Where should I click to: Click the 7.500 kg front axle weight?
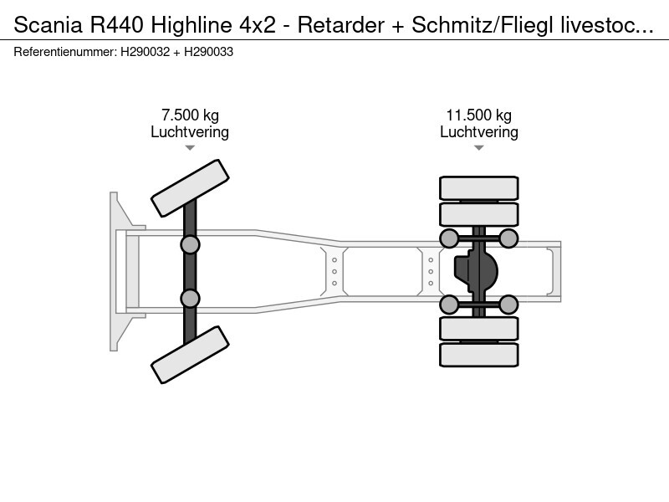click(190, 115)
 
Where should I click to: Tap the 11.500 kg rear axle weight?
click(478, 115)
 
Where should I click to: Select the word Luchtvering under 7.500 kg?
click(190, 132)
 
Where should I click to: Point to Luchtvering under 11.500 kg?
click(478, 132)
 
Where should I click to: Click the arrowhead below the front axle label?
click(190, 148)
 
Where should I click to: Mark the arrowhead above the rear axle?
click(478, 148)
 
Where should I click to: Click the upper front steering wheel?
click(190, 189)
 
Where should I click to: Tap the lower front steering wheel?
click(190, 355)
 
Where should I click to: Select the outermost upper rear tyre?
click(478, 187)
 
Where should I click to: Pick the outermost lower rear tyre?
click(478, 355)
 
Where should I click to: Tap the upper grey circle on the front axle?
click(190, 244)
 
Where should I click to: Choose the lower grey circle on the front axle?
click(190, 299)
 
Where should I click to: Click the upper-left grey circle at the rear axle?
click(449, 239)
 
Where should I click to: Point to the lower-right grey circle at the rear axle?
click(508, 305)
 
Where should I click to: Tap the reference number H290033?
click(208, 52)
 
